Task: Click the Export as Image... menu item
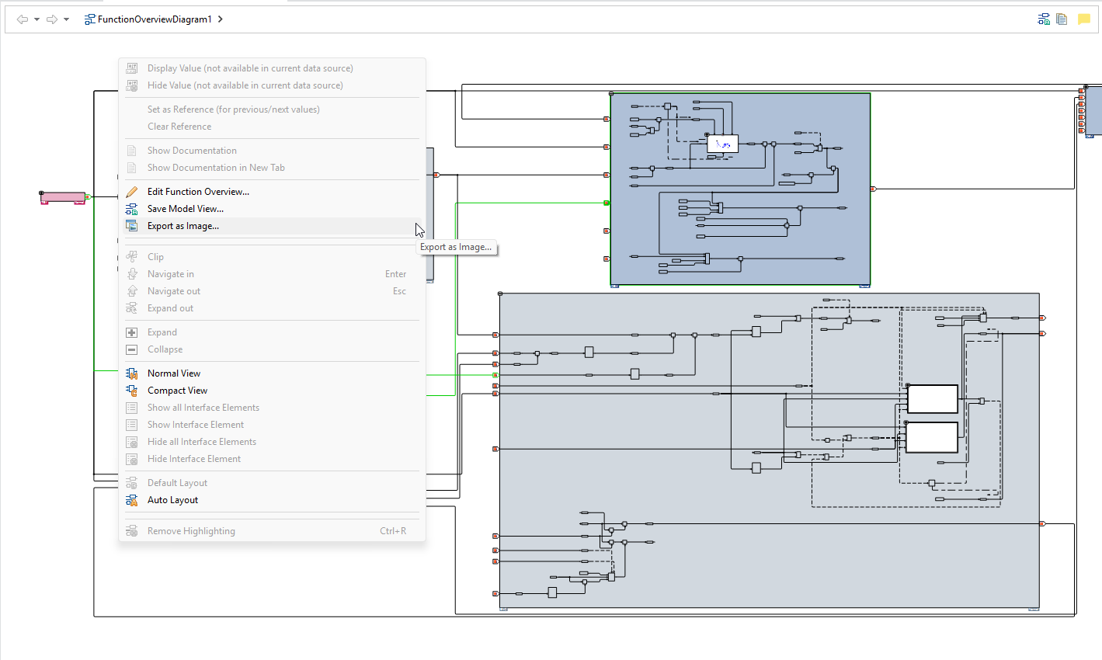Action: pos(183,226)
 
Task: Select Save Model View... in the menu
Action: pos(186,209)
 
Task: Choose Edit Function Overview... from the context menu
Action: pos(198,192)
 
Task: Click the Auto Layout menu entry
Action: pos(172,500)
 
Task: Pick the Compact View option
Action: pos(177,391)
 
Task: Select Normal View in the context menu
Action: pos(174,373)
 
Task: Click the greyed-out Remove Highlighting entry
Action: pos(191,531)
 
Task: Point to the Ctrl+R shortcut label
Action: pos(393,531)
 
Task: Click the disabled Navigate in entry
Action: pos(171,274)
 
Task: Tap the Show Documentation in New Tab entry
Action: pos(216,168)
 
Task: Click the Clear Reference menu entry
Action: pos(179,127)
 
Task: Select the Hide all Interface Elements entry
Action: pos(202,442)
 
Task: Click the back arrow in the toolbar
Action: pos(22,19)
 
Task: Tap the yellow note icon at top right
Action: pos(1084,19)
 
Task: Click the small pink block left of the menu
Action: pos(62,198)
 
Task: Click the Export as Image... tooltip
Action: pos(456,247)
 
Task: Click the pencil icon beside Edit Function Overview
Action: pos(132,192)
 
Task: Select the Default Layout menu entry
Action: pos(177,483)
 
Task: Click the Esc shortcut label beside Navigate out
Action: pos(399,291)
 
